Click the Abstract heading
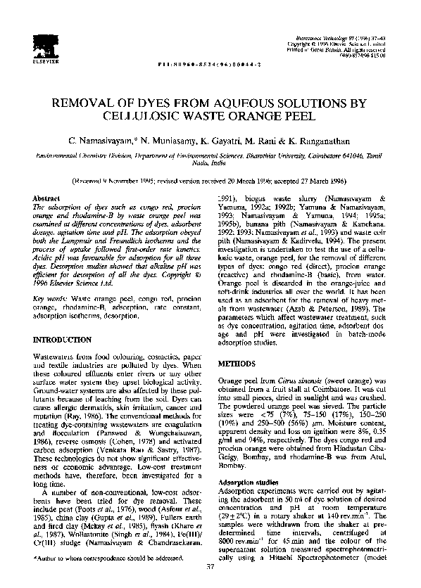click(x=47, y=200)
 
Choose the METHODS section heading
click(x=238, y=366)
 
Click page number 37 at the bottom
click(x=210, y=566)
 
